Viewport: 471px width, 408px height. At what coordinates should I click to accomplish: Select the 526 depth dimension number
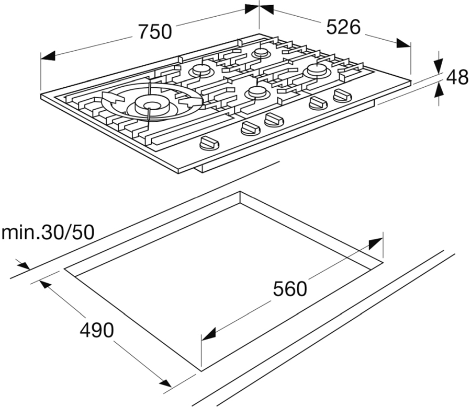click(343, 27)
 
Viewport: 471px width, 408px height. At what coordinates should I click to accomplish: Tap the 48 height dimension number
click(457, 77)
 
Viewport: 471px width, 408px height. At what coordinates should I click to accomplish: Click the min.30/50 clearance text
click(48, 232)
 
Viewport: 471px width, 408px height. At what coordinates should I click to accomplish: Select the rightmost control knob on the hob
click(342, 96)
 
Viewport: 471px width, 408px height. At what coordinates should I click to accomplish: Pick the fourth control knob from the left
click(318, 103)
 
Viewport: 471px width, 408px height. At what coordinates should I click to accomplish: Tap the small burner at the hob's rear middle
click(261, 53)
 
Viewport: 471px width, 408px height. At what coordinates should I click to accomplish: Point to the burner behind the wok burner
click(200, 71)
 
